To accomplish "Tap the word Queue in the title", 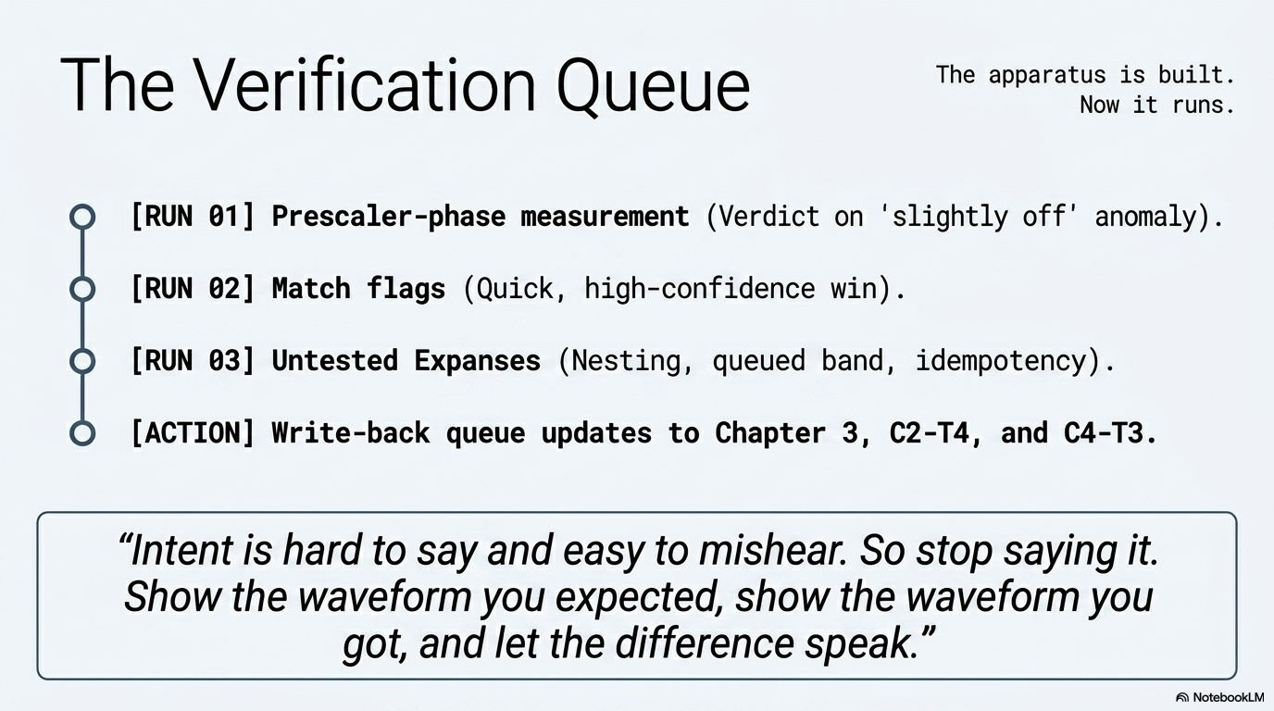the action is pyautogui.click(x=653, y=88).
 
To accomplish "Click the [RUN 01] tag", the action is pyautogui.click(x=193, y=217).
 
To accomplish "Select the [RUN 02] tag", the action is pyautogui.click(x=193, y=289).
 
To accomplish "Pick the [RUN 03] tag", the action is pyautogui.click(x=193, y=361).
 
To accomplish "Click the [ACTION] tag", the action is pyautogui.click(x=193, y=433).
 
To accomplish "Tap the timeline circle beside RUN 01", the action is pyautogui.click(x=82, y=206).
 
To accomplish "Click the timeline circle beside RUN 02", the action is pyautogui.click(x=82, y=278).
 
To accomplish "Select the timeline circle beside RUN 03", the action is pyautogui.click(x=82, y=350).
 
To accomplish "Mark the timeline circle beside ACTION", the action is pyautogui.click(x=82, y=422).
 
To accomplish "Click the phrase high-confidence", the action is pyautogui.click(x=700, y=289).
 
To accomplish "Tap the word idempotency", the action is pyautogui.click(x=1002, y=362).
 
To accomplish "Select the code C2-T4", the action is pyautogui.click(x=930, y=433).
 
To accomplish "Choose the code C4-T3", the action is pyautogui.click(x=1104, y=433).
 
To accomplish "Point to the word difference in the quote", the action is pyautogui.click(x=705, y=643).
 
